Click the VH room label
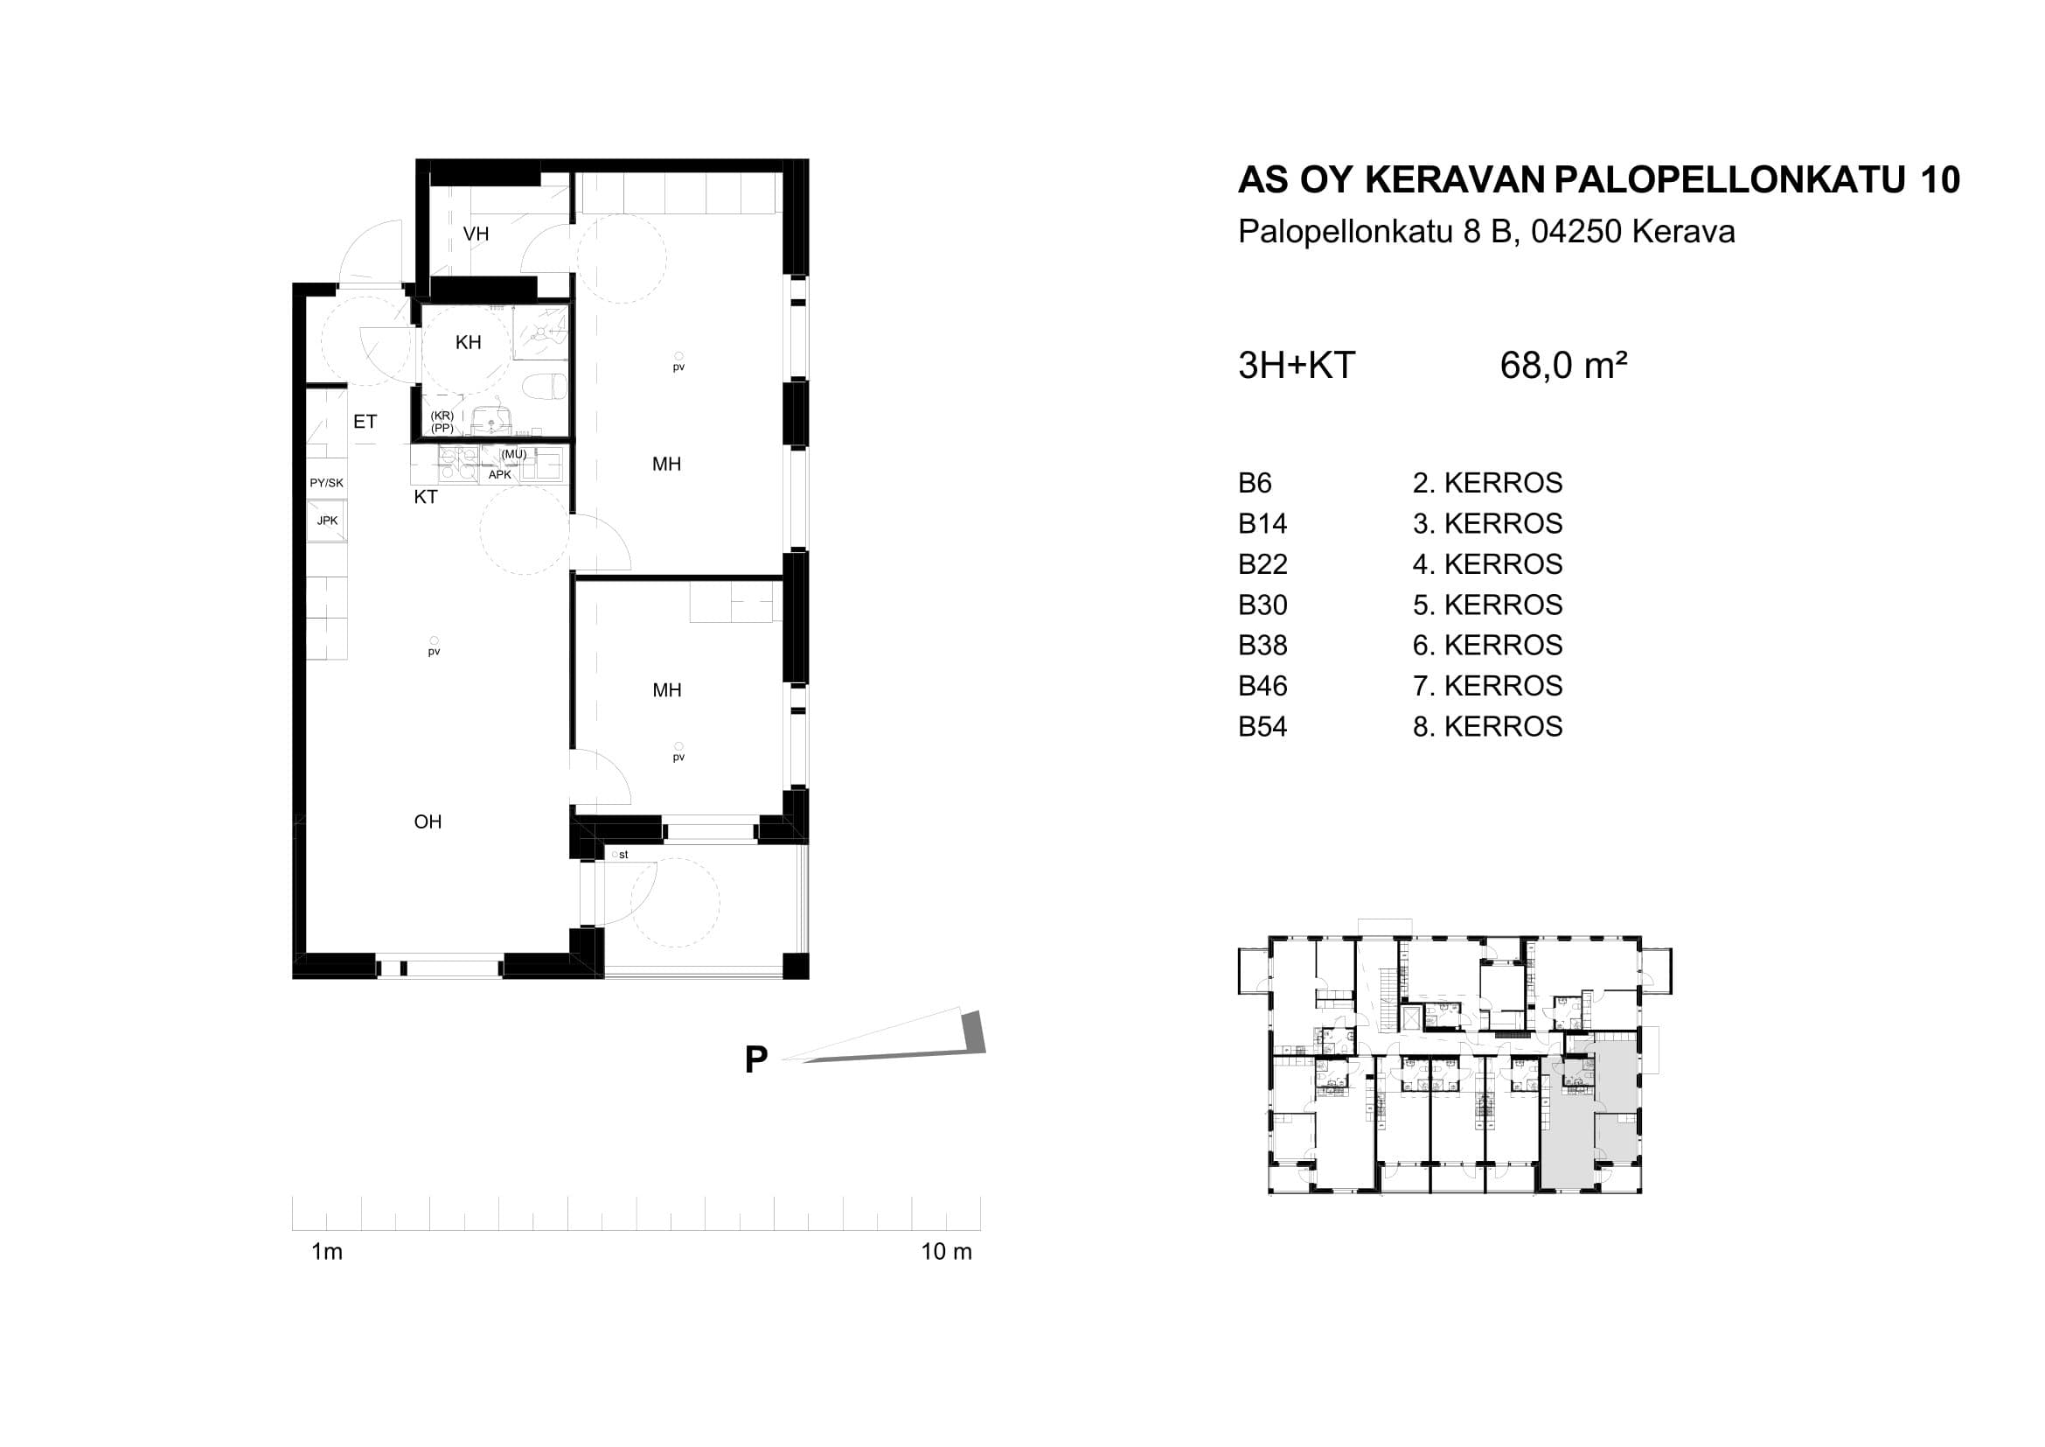(x=476, y=234)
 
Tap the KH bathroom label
(x=469, y=342)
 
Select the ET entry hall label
(x=365, y=422)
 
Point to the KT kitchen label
(x=426, y=497)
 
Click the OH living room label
(x=428, y=821)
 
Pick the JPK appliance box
(x=327, y=521)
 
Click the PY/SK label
(x=326, y=483)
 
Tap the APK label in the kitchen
(x=500, y=475)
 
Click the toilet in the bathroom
(x=544, y=387)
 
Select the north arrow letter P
(x=756, y=1059)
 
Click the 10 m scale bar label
(x=946, y=1252)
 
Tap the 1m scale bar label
(x=327, y=1252)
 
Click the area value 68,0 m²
(x=1563, y=366)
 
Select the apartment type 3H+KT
(x=1297, y=366)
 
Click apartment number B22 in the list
(x=1263, y=564)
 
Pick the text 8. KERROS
(x=1487, y=726)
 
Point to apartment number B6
(x=1255, y=483)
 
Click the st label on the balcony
(x=623, y=855)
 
